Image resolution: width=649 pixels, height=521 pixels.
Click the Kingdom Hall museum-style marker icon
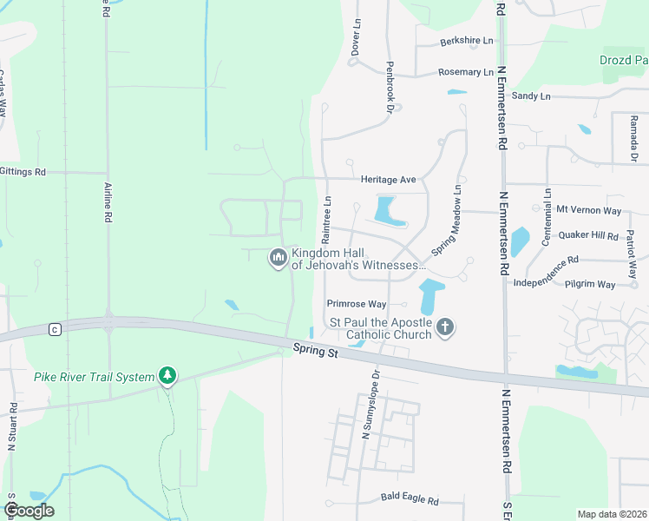pos(279,257)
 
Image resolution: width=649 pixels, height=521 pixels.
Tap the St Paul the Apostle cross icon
pos(445,327)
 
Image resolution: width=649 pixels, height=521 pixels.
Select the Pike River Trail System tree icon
pos(167,377)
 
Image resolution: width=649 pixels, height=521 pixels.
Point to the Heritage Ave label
pos(389,180)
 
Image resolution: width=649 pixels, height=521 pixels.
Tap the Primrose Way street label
pos(356,304)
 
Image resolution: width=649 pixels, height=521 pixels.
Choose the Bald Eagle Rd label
pos(410,500)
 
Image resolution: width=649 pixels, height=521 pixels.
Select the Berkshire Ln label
pos(466,41)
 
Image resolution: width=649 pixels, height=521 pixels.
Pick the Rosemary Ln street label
pos(466,72)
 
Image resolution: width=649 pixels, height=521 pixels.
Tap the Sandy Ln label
pos(531,96)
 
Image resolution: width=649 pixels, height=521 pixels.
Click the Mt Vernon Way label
pos(589,209)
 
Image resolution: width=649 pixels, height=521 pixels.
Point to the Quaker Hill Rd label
pos(588,235)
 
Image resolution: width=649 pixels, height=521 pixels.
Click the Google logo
pos(29,511)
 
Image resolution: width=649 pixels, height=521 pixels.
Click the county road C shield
pos(55,329)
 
